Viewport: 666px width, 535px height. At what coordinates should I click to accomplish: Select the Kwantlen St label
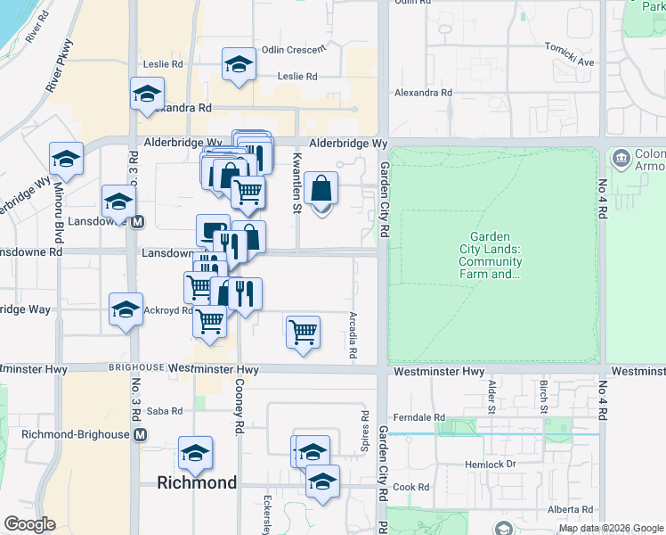pos(296,184)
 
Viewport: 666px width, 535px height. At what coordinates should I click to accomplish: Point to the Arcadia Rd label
pos(353,335)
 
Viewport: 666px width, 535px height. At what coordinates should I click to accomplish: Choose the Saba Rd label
pos(164,411)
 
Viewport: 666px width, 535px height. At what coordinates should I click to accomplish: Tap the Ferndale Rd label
pos(423,416)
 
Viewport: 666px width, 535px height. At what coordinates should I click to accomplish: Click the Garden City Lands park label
pos(491,256)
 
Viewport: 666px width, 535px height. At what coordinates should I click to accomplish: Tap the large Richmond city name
pos(197,482)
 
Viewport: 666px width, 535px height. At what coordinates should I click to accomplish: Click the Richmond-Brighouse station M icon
pos(140,435)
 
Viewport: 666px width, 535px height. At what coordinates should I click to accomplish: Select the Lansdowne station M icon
pos(137,222)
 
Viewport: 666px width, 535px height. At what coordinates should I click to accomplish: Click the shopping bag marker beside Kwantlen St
pos(321,189)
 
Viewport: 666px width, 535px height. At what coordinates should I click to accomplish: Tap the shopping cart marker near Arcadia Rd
pos(303,332)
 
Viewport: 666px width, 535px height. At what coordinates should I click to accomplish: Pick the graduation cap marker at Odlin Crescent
pos(239,64)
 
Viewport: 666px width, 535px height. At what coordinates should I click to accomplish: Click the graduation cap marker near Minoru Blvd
pos(66,160)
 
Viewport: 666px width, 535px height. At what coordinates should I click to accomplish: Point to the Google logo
pos(29,524)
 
